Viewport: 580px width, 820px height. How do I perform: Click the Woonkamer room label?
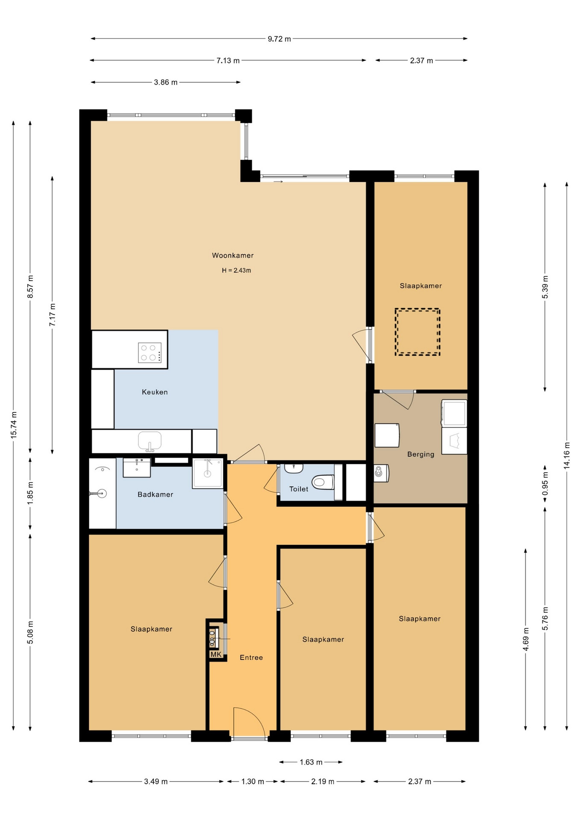(233, 255)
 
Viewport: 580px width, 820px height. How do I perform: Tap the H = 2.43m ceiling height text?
(236, 270)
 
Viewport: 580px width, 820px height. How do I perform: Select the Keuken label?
(155, 392)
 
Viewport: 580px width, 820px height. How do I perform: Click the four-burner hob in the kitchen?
(149, 353)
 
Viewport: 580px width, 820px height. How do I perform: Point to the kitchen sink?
(149, 441)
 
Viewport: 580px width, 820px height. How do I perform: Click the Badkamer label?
(155, 495)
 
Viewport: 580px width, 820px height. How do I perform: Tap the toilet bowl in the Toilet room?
(323, 482)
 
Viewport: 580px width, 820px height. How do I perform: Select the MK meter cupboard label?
(216, 654)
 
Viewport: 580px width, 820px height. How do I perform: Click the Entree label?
(251, 658)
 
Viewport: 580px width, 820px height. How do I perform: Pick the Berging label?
(421, 454)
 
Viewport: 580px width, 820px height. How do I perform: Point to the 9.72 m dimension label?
(279, 39)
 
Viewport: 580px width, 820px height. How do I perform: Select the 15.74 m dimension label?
(14, 425)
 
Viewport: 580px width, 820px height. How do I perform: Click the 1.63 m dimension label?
(311, 762)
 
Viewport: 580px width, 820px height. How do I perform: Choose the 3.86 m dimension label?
(166, 82)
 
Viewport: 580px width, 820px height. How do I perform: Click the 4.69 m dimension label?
(526, 639)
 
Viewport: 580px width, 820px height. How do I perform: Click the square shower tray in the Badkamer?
(208, 473)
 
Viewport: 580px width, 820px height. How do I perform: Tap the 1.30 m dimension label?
(252, 782)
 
